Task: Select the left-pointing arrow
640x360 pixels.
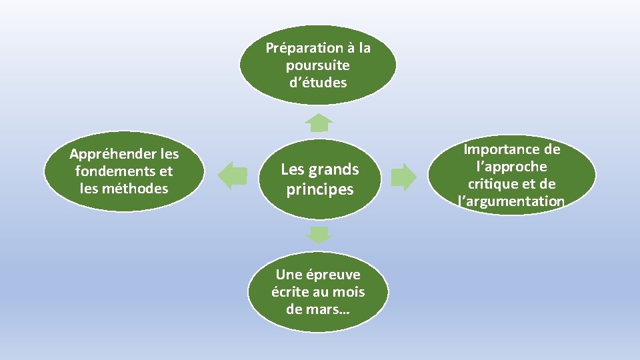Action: [x=232, y=175]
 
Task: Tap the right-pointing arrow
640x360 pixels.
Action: [x=403, y=176]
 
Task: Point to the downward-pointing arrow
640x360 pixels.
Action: [x=319, y=234]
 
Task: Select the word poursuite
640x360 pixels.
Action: [x=318, y=65]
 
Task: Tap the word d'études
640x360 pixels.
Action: [x=318, y=83]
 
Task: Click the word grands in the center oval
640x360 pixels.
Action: [x=333, y=169]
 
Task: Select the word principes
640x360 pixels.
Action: [x=320, y=189]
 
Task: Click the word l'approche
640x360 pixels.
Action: [x=511, y=166]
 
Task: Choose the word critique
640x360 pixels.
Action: [x=493, y=183]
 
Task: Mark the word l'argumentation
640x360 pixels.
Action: [x=511, y=201]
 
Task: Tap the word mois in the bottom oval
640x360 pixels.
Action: [x=348, y=291]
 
